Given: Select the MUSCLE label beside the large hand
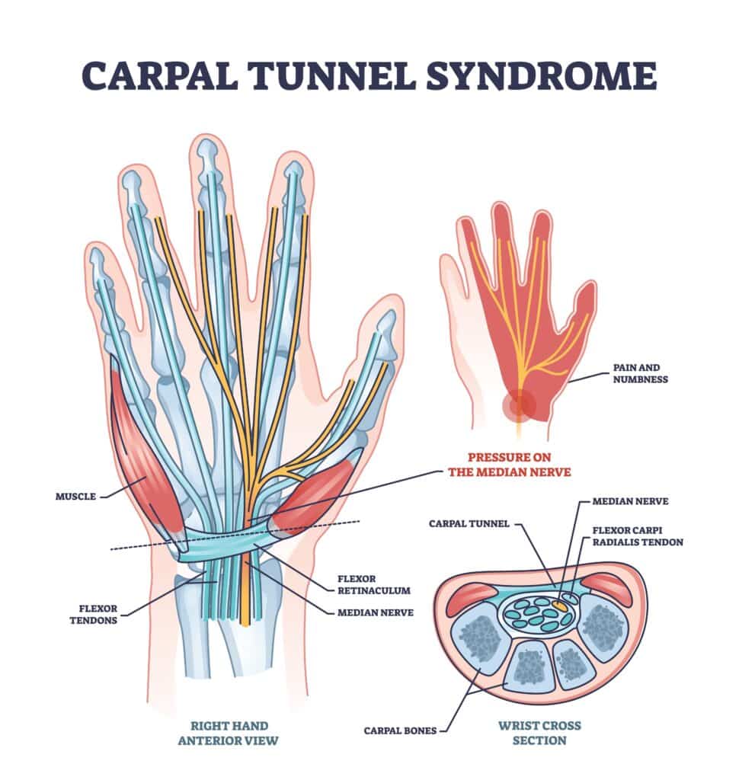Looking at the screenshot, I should click(75, 496).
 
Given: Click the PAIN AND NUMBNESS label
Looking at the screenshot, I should click(639, 373).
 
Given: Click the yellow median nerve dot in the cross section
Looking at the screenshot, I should click(560, 606).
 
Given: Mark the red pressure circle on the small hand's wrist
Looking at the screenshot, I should click(519, 405).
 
